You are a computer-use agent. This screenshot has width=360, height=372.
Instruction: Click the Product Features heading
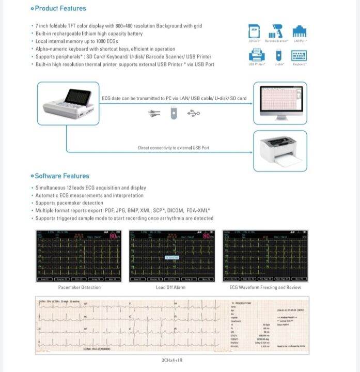pyautogui.click(x=60, y=8)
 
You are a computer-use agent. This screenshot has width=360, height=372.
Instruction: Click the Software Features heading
pyautogui.click(x=62, y=176)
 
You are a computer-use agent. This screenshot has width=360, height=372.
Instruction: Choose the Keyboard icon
pyautogui.click(x=300, y=55)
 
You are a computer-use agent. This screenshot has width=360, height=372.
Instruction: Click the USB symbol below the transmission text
pyautogui.click(x=193, y=113)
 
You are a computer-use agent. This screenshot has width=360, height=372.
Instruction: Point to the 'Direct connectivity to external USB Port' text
pyautogui.click(x=174, y=148)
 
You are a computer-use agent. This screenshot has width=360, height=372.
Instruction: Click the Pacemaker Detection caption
pyautogui.click(x=79, y=287)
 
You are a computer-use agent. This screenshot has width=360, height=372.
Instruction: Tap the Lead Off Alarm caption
pyautogui.click(x=170, y=287)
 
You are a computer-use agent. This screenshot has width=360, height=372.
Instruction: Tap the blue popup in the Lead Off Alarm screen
pyautogui.click(x=171, y=257)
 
